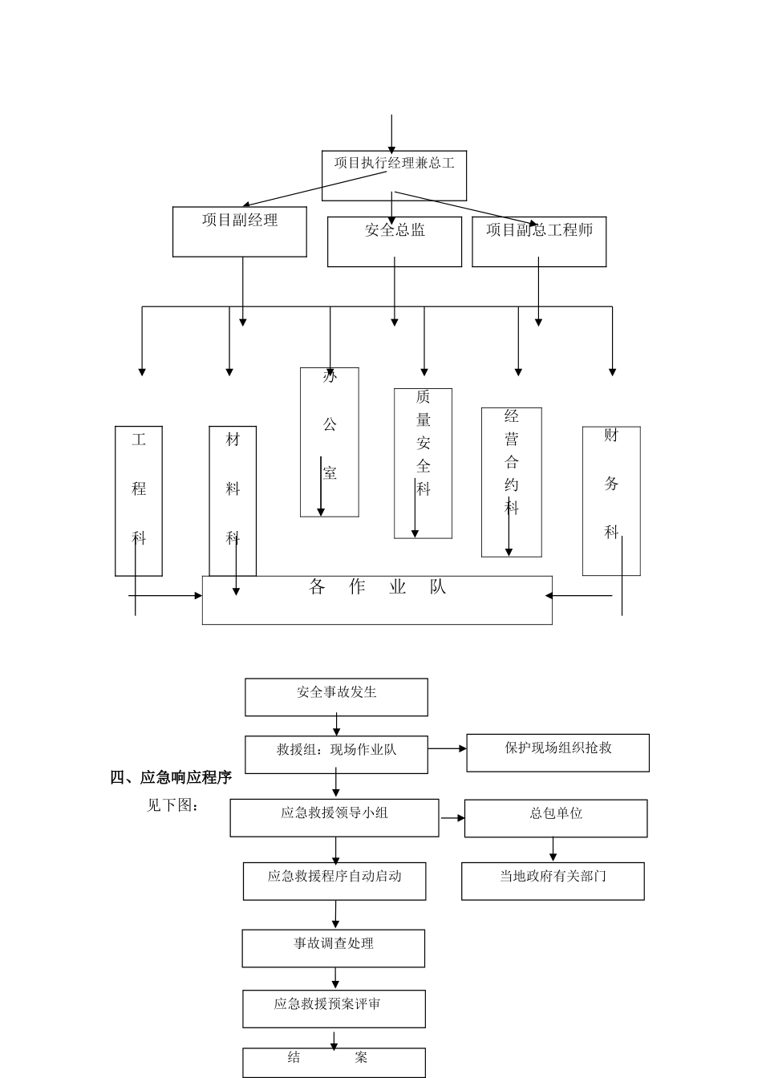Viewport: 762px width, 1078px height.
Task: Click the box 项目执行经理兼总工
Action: tap(394, 175)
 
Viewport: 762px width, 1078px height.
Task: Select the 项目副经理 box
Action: tap(239, 232)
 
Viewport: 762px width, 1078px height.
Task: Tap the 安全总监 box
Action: tap(394, 241)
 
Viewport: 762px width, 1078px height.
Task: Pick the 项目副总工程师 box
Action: tap(538, 241)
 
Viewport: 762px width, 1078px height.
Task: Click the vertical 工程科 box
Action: tap(139, 500)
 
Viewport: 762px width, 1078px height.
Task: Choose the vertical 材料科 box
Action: tap(233, 500)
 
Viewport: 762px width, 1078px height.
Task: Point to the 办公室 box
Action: tap(329, 442)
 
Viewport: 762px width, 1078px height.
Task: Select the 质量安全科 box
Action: tap(423, 463)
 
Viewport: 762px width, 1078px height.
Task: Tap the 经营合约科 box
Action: tap(511, 481)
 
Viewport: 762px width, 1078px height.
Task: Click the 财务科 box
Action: tap(611, 500)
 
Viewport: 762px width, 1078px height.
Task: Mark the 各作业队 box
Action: tap(377, 599)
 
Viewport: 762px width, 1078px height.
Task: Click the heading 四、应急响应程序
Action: tap(171, 777)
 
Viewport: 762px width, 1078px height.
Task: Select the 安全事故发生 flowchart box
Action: tap(336, 697)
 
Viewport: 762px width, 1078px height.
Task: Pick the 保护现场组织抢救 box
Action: tap(557, 752)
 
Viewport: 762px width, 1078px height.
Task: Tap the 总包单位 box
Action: tap(555, 818)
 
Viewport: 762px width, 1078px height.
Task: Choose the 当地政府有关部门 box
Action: tap(553, 881)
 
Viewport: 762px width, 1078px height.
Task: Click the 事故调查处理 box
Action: tap(334, 948)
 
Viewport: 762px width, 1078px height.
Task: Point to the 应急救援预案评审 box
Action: tap(334, 1008)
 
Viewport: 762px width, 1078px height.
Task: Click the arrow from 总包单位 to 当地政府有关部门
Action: tap(553, 849)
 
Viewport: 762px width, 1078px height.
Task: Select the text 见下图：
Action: tap(172, 805)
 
